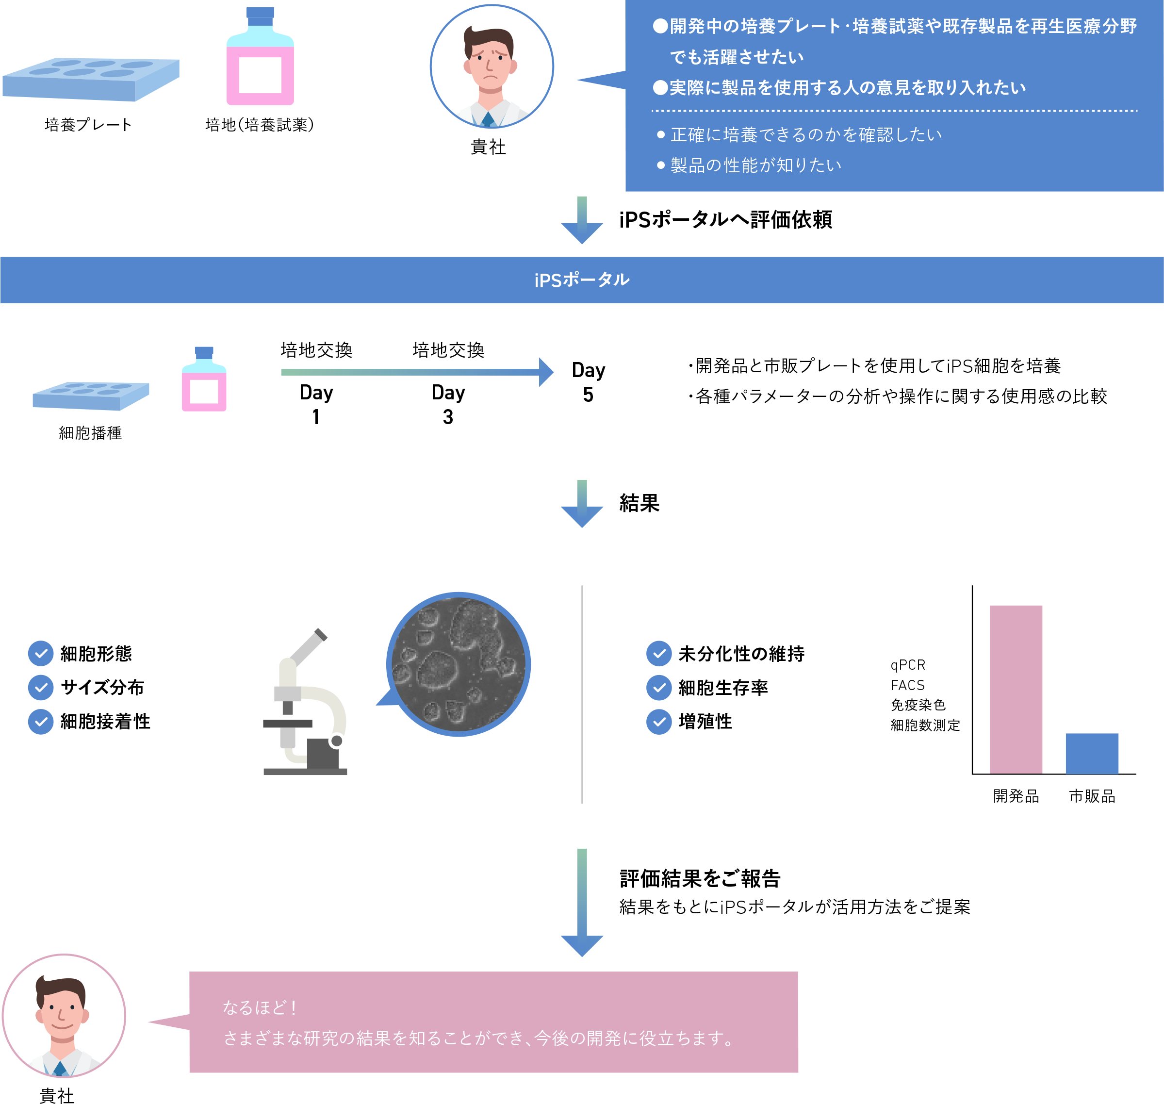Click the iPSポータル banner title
coord(581,280)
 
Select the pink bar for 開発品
coord(1015,689)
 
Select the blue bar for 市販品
coord(1092,753)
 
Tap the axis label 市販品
coord(1092,796)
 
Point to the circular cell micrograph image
coord(459,664)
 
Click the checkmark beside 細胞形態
coord(41,653)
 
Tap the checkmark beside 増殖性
coord(658,722)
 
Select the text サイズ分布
coord(102,687)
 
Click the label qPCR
coord(907,665)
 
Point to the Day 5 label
coord(588,382)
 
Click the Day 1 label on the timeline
coord(316,404)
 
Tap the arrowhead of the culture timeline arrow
coord(545,372)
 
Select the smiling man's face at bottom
coord(62,1012)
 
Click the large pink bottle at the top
coord(260,59)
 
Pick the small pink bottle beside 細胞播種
coord(204,380)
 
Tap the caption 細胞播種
coord(90,433)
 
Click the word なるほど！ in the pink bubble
coord(259,1007)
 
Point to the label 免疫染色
coord(918,705)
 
